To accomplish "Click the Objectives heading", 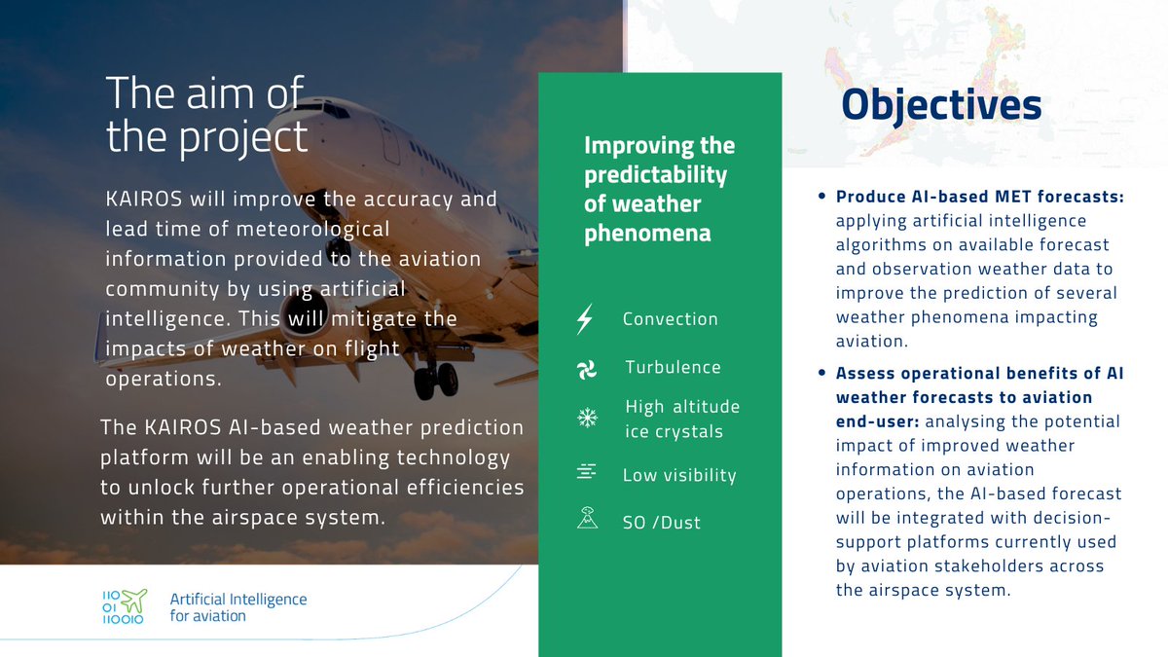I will [x=941, y=106].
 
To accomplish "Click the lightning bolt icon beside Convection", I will [x=586, y=319].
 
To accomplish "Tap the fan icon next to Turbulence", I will [x=586, y=369].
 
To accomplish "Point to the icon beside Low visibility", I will [x=586, y=473].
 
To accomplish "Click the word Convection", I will [x=670, y=319].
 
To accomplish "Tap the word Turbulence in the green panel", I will [x=673, y=368].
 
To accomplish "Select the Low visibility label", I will [x=679, y=475].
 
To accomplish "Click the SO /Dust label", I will [x=662, y=523].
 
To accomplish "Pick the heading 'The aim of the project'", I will [x=206, y=116].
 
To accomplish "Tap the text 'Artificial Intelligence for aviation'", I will [x=237, y=607].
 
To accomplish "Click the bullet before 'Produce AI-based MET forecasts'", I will [x=822, y=197].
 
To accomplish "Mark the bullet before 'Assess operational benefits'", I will [x=822, y=374].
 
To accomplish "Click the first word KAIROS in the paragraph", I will [x=140, y=200].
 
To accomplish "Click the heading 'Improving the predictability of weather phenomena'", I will [x=659, y=190].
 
